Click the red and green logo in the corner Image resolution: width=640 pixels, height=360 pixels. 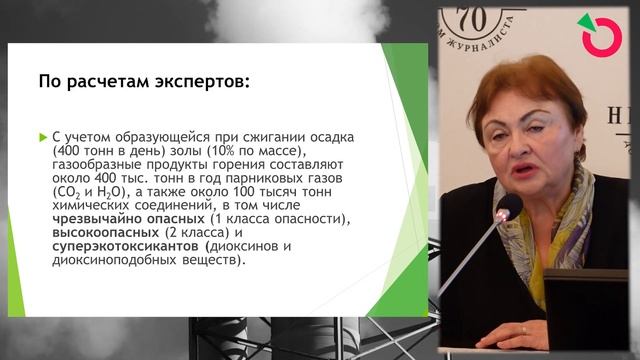click(x=601, y=36)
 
